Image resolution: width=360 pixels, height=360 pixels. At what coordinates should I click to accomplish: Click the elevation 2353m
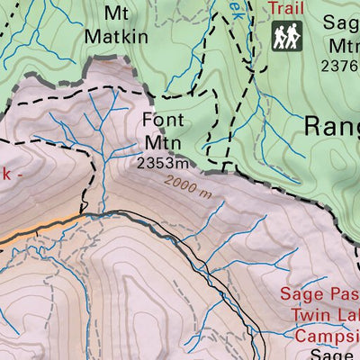(x=163, y=163)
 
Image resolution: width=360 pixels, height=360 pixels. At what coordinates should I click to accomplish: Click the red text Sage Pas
(x=319, y=293)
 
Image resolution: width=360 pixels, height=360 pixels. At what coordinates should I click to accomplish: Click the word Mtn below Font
(x=163, y=141)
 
